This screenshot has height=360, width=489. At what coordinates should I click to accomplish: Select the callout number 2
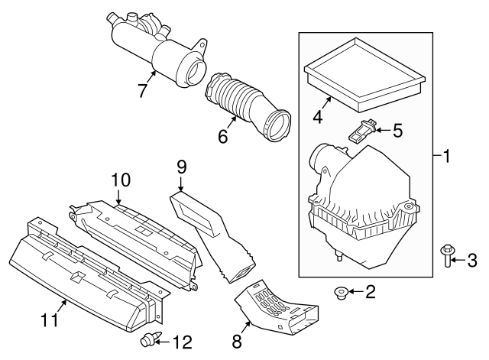click(370, 290)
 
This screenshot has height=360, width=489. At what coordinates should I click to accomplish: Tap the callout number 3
click(471, 261)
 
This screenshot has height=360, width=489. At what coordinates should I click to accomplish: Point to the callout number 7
click(142, 90)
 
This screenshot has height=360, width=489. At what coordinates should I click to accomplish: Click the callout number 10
click(120, 181)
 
